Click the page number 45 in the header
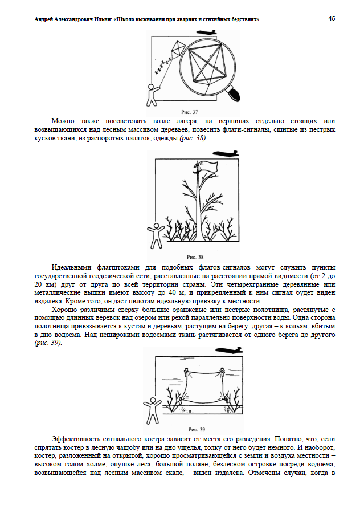[331, 19]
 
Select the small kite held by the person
[177, 49]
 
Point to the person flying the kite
[152, 95]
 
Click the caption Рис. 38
[195, 256]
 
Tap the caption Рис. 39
[195, 429]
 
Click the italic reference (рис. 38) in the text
[193, 138]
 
